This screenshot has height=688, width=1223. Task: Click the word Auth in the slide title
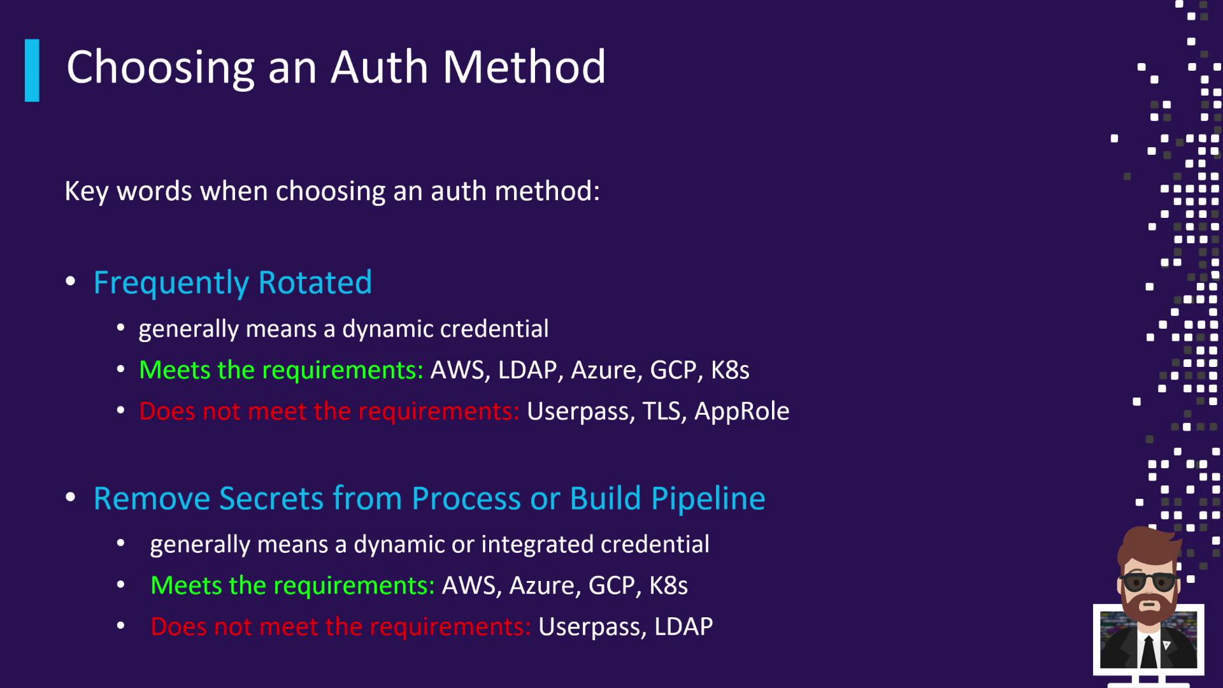pos(379,67)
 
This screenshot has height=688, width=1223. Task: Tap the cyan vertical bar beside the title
pos(32,70)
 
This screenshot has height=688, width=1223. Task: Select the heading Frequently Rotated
pos(232,283)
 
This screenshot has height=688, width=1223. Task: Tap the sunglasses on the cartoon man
pos(1149,582)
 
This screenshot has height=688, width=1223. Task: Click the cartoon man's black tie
pos(1148,650)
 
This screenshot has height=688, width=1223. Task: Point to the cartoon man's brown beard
pos(1149,606)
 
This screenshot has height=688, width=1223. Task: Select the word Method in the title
pos(524,67)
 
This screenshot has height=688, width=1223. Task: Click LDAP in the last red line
pos(683,627)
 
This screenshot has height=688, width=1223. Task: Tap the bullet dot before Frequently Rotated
pos(71,281)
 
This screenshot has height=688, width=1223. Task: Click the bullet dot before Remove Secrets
pos(71,497)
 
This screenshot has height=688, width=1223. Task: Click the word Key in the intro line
pos(87,192)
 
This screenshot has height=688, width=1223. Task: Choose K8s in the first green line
pos(730,370)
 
